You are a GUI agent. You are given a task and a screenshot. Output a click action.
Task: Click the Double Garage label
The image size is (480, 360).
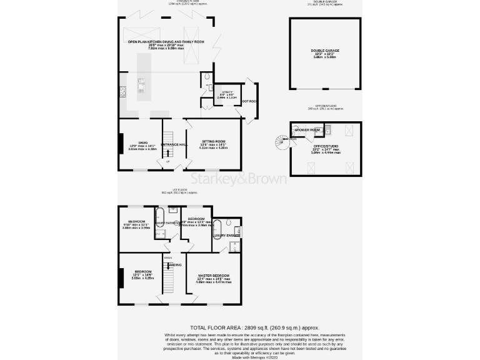[325, 50]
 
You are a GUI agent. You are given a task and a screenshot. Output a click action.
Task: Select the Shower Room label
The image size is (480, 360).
[308, 130]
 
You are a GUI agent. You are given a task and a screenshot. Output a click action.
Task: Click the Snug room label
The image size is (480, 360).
[137, 144]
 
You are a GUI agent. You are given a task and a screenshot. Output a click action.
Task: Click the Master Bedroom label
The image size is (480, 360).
[213, 276]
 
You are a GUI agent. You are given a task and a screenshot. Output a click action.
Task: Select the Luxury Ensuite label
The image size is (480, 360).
[228, 235]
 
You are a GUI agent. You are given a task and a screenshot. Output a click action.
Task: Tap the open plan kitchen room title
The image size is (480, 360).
[157, 42]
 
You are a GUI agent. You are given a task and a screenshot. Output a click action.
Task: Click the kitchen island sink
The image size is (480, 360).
[141, 82]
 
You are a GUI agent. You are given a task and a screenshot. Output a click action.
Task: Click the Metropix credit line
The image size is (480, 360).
[239, 356]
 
